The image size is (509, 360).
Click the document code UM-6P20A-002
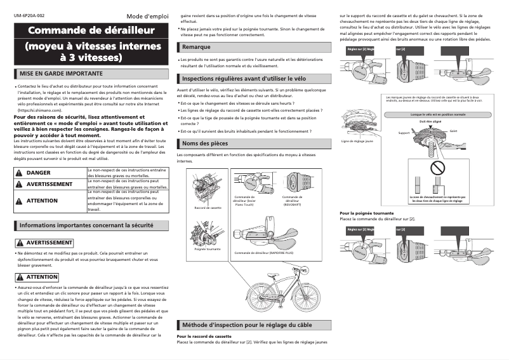[28, 14]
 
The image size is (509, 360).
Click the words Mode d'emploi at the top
[147, 15]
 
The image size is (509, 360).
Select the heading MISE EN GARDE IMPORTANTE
[61, 74]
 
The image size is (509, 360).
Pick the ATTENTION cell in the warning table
[41, 201]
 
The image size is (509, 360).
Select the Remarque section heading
[195, 48]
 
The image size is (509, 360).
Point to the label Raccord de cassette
[208, 208]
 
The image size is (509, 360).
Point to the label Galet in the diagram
[453, 130]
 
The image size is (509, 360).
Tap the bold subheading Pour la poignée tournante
[367, 213]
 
